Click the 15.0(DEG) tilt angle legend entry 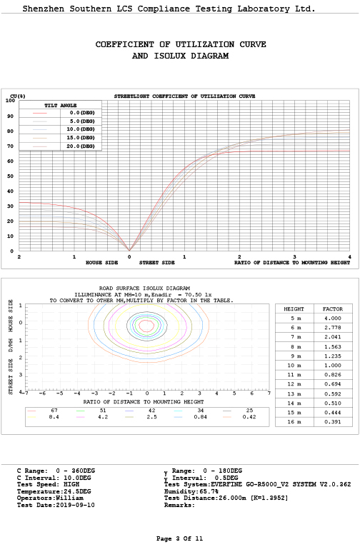tap(81, 138)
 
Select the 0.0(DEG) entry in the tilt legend tap(82, 113)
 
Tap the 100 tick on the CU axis tap(10, 101)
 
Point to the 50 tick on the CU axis tap(11, 176)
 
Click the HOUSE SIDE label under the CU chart tap(102, 262)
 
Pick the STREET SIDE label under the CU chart tap(157, 262)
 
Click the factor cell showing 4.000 tap(333, 318)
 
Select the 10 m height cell tap(294, 365)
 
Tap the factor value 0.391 tap(333, 422)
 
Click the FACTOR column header tap(333, 308)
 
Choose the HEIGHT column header tap(294, 308)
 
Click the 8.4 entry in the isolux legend tap(54, 417)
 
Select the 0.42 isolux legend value tap(249, 417)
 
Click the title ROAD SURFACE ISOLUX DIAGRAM tap(144, 288)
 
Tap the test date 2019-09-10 tap(75, 505)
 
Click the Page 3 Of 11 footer tap(179, 538)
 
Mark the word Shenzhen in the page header tap(44, 9)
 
